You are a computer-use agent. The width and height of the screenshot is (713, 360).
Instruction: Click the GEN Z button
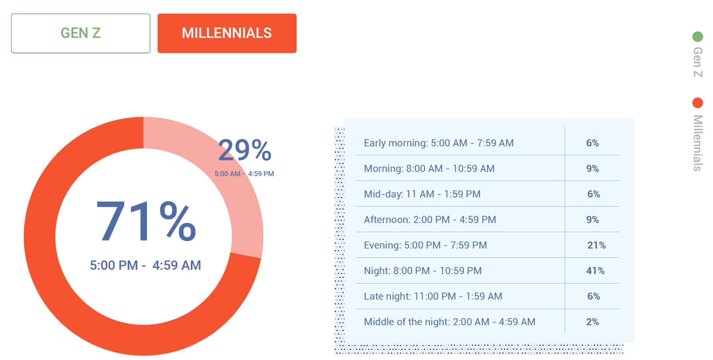pos(81,33)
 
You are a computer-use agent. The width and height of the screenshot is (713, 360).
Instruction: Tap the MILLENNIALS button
pos(227,33)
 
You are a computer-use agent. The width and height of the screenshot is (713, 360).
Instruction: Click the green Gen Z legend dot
pos(698,36)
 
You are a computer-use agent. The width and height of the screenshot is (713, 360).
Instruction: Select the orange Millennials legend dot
pos(698,103)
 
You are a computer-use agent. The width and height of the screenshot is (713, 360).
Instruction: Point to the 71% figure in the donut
pos(146,221)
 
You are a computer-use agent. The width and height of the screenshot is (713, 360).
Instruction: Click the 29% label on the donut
pos(245,150)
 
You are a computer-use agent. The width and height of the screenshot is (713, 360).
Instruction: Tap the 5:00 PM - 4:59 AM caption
pos(145,265)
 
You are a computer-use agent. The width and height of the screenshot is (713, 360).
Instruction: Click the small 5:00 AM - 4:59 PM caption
pos(244,174)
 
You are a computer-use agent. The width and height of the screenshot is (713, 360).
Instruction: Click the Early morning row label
pos(439,143)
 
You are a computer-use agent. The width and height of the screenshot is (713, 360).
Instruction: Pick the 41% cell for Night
pos(595,271)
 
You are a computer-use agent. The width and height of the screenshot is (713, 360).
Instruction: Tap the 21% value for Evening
pos(596,245)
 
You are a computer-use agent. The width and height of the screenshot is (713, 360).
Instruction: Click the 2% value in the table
pos(592,322)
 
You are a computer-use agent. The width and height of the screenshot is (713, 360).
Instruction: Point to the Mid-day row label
pos(422,194)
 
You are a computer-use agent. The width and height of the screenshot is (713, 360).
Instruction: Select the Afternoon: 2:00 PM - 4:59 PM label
pos(430,220)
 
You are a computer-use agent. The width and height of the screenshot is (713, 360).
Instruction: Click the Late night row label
pos(433,296)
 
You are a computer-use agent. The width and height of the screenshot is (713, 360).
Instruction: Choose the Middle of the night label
pos(450,322)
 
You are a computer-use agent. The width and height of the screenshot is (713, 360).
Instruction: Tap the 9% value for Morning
pos(592,168)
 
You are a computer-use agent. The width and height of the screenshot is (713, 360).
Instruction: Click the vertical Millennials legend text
pos(698,143)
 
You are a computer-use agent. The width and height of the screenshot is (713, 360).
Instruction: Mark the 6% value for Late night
pos(594,296)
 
